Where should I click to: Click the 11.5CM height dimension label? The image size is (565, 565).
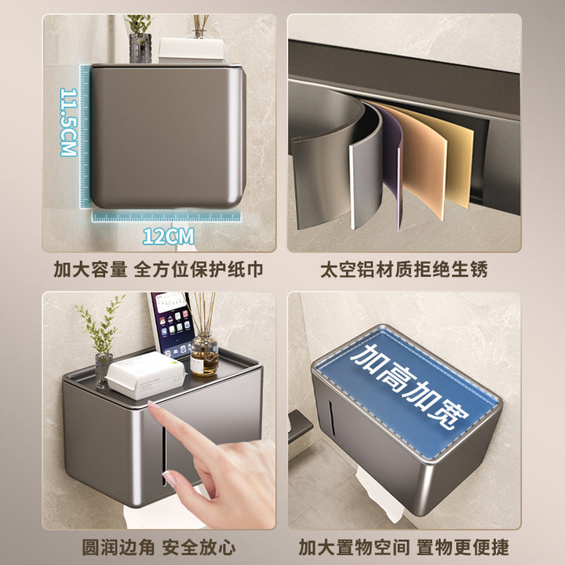pyautogui.click(x=68, y=122)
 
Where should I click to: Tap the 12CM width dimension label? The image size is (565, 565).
pyautogui.click(x=169, y=236)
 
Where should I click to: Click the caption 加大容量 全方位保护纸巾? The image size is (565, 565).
pyautogui.click(x=159, y=269)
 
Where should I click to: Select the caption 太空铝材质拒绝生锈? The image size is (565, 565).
pyautogui.click(x=404, y=269)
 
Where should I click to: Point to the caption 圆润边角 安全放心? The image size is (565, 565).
pyautogui.click(x=159, y=548)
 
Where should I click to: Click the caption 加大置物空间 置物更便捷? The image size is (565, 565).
pyautogui.click(x=404, y=548)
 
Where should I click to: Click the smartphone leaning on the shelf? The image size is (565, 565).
pyautogui.click(x=171, y=324)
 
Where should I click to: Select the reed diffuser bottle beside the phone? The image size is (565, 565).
pyautogui.click(x=204, y=354)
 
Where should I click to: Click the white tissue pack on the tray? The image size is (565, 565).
pyautogui.click(x=145, y=375)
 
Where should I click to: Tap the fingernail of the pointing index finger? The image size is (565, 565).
pyautogui.click(x=154, y=406)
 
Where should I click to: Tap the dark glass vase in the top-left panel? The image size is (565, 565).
pyautogui.click(x=140, y=49)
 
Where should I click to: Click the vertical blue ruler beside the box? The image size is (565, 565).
pyautogui.click(x=84, y=137)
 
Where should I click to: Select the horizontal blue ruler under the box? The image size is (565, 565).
pyautogui.click(x=166, y=217)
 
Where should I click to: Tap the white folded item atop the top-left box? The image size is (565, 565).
pyautogui.click(x=192, y=49)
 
